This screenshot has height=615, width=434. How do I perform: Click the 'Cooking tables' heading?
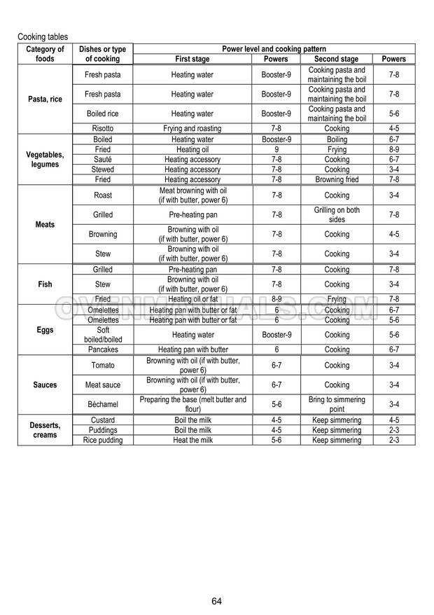click(43, 36)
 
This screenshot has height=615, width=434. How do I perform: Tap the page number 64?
click(217, 601)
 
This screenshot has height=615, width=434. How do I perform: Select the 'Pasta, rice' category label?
click(45, 99)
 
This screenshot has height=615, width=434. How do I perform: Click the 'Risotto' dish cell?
click(102, 129)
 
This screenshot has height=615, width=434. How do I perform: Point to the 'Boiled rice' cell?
click(102, 113)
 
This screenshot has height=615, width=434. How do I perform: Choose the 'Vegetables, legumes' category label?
click(45, 159)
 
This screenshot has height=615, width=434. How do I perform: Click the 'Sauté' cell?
click(102, 160)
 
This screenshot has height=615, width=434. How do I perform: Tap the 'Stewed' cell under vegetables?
click(102, 170)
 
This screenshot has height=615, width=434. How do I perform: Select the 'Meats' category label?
click(45, 225)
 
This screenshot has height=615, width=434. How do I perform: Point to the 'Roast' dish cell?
click(102, 195)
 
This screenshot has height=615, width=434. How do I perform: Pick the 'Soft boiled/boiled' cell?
click(102, 335)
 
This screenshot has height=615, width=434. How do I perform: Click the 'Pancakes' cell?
click(102, 350)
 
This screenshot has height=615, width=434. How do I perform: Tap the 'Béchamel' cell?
click(102, 404)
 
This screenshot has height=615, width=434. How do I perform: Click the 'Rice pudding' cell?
click(102, 440)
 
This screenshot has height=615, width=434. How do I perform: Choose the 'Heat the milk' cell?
click(192, 440)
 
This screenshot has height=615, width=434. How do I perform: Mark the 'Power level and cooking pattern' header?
click(274, 49)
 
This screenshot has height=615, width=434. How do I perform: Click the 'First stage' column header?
click(192, 59)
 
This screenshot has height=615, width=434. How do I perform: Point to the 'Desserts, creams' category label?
click(45, 430)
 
